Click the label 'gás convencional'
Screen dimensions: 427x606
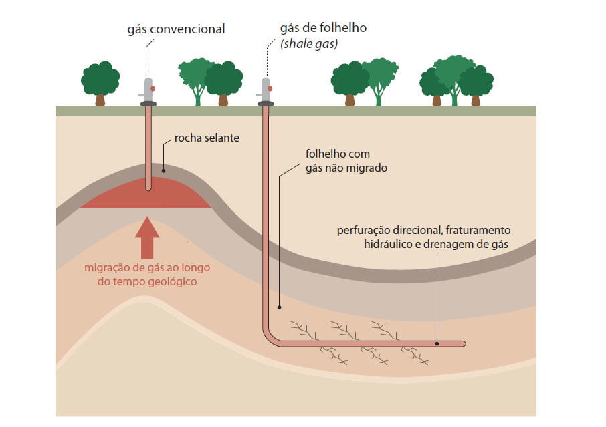[x=177, y=29]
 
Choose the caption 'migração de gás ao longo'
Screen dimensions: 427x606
[x=147, y=268]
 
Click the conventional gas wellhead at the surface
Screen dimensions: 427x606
[x=148, y=94]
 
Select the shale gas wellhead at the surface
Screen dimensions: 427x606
[x=265, y=94]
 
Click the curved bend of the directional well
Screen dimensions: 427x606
[x=270, y=337]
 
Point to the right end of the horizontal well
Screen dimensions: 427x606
[x=462, y=343]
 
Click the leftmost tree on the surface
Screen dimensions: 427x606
[x=100, y=82]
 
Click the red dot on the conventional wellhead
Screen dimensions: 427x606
[x=153, y=88]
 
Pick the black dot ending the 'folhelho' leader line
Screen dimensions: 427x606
[x=280, y=308]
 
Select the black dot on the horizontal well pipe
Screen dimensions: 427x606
[x=437, y=343]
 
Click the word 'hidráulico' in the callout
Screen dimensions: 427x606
[x=388, y=245]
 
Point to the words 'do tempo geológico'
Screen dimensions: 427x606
[x=147, y=282]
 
